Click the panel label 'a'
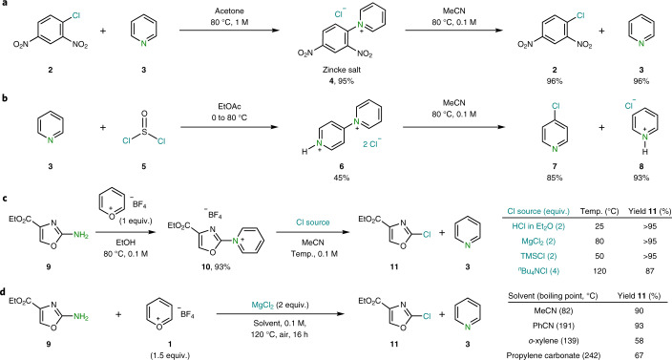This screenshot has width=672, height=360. point(5,6)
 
